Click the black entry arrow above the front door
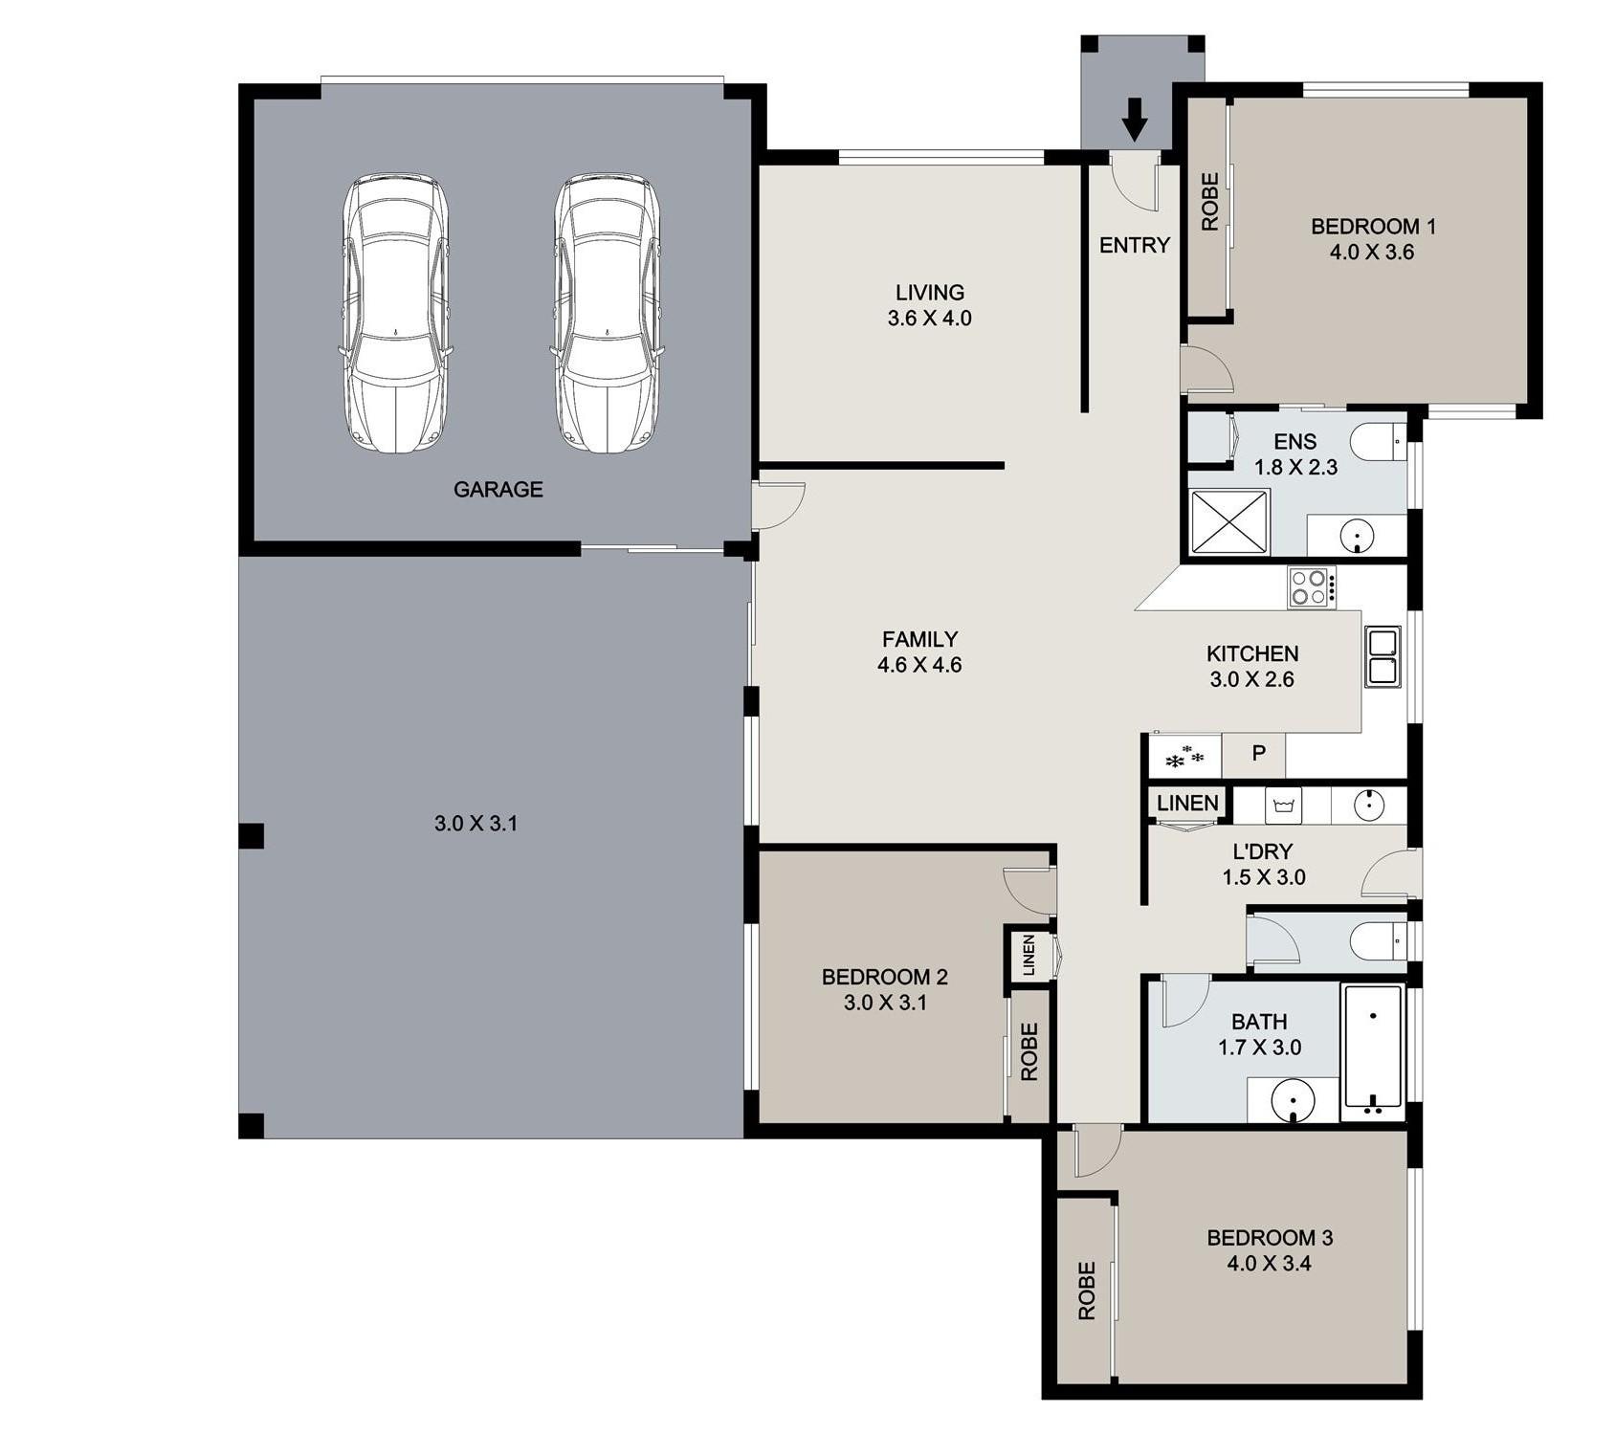pyautogui.click(x=1135, y=120)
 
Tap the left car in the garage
pyautogui.click(x=396, y=313)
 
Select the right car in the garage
pyautogui.click(x=607, y=313)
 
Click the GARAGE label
pyautogui.click(x=498, y=490)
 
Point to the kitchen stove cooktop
pyautogui.click(x=1312, y=587)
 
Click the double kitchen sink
pyautogui.click(x=1383, y=656)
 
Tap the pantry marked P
pyautogui.click(x=1258, y=754)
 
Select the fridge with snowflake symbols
pyautogui.click(x=1185, y=756)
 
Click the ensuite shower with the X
pyautogui.click(x=1229, y=522)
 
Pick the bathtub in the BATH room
pyautogui.click(x=1373, y=1051)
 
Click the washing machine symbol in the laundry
pyautogui.click(x=1284, y=806)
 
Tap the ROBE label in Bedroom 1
pyautogui.click(x=1210, y=202)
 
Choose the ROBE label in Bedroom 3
pyautogui.click(x=1087, y=1291)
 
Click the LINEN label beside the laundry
pyautogui.click(x=1187, y=804)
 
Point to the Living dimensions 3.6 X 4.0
pyautogui.click(x=929, y=319)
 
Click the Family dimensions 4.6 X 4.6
pyautogui.click(x=919, y=665)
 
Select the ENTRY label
pyautogui.click(x=1135, y=246)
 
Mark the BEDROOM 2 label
pyautogui.click(x=885, y=977)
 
